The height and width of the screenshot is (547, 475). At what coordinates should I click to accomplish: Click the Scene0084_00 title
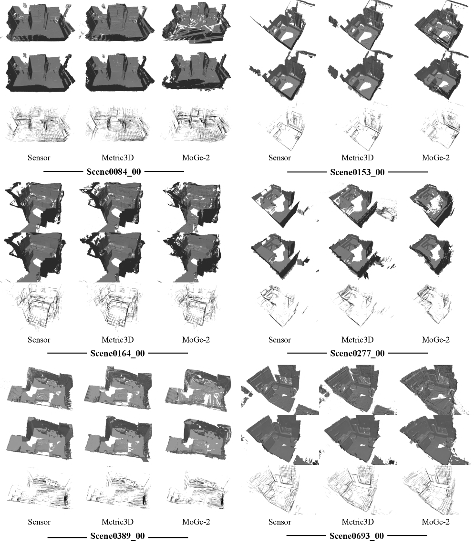coord(114,172)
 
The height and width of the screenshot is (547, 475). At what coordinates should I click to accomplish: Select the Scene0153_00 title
coord(357,172)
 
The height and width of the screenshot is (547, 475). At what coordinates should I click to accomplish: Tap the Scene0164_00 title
coord(117,353)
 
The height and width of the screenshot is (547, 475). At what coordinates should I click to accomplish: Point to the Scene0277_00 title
coord(357,353)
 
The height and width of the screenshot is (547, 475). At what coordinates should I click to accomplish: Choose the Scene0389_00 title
coord(117,536)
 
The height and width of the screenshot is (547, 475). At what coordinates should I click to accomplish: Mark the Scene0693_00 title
coord(357,536)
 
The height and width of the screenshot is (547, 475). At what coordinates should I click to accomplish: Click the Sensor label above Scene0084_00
coord(39,158)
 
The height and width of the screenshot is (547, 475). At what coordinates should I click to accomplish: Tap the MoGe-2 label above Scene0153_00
coord(435,158)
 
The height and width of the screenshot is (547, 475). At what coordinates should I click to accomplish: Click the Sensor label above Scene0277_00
coord(279,340)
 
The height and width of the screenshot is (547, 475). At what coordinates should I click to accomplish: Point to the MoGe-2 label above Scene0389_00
coord(196,522)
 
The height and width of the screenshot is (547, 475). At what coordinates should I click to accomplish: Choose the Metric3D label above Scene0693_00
coord(358,522)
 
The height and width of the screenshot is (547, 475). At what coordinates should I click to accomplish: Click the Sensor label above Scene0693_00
coord(279,522)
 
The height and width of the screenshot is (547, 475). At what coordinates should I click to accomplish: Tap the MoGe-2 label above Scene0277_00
coord(435,340)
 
